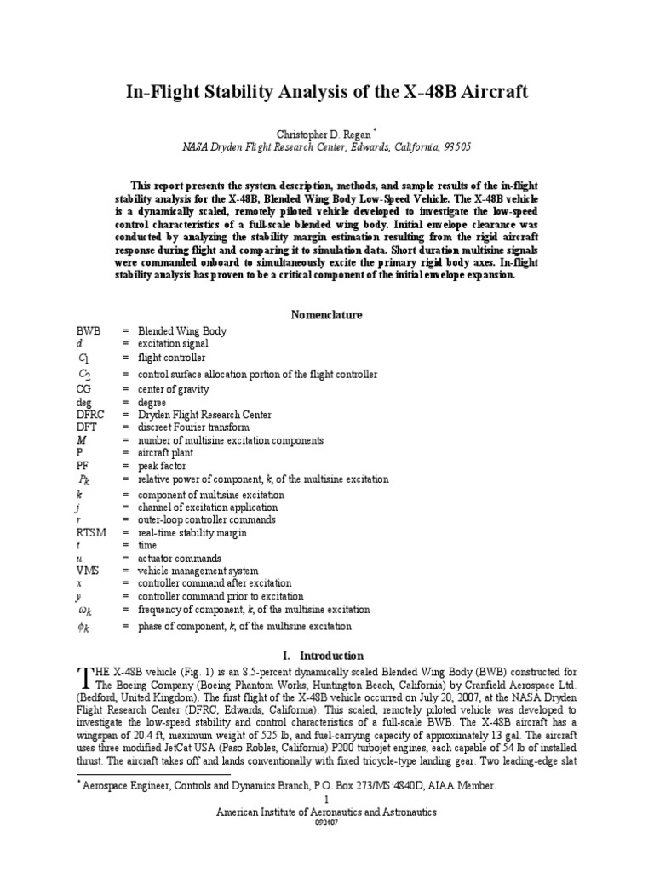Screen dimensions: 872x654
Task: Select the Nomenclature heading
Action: pos(327,314)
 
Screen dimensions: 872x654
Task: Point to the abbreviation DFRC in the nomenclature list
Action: pos(90,415)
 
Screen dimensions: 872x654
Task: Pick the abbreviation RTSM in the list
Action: pos(91,533)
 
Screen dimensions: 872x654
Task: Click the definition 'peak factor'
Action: pos(162,467)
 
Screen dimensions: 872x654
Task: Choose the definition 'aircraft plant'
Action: pos(168,454)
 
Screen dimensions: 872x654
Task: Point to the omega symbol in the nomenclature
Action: pos(87,611)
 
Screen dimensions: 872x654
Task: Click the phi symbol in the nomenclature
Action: pos(87,628)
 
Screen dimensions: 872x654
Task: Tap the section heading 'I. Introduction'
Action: pos(327,656)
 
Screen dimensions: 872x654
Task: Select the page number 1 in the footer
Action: pos(327,800)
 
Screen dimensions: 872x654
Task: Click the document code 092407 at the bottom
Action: pos(327,823)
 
